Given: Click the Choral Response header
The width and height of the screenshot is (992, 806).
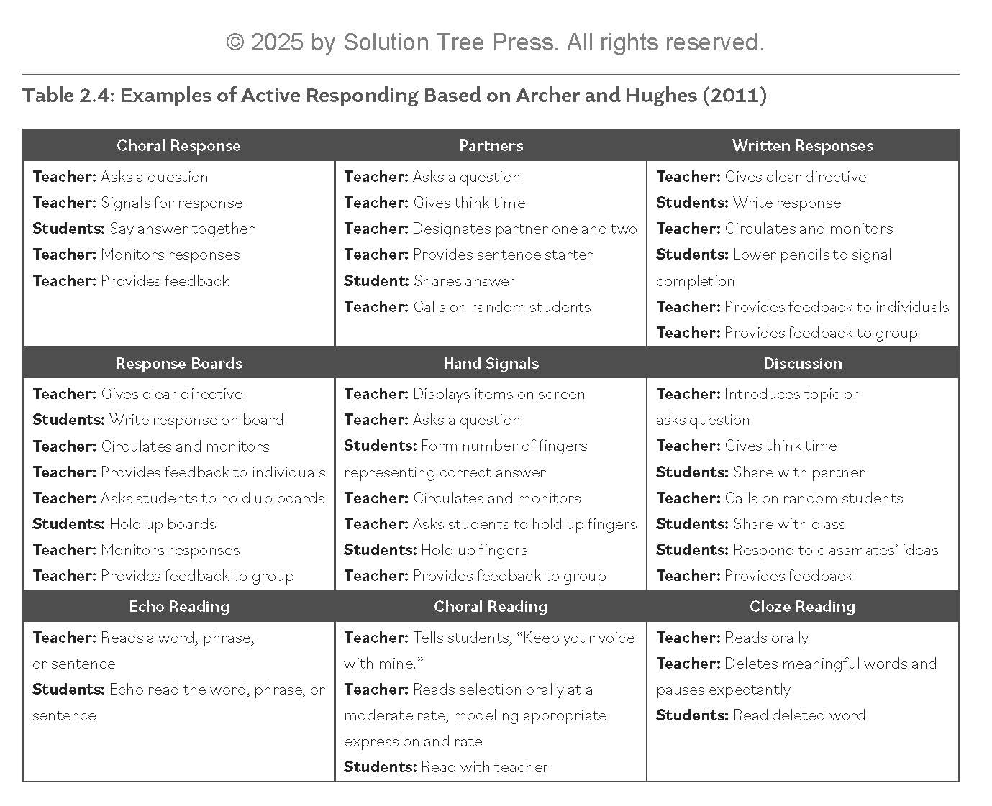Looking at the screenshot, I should (x=178, y=145).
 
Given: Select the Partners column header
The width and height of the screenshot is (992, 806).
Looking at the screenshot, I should (x=491, y=145).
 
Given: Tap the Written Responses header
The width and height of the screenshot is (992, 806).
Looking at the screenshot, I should (x=802, y=145).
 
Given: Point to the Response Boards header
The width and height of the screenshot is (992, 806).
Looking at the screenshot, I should (x=178, y=363).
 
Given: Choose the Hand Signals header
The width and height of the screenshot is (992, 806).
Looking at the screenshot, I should (x=491, y=363).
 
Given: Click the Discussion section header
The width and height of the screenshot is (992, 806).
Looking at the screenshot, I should (x=802, y=363).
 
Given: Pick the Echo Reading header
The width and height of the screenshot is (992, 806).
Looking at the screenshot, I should (x=178, y=606).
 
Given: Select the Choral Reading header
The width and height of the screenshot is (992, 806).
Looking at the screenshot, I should (x=491, y=606).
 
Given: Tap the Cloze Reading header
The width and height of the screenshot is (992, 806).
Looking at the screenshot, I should (x=802, y=606).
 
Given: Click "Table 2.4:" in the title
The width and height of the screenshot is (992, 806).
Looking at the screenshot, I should (x=67, y=96).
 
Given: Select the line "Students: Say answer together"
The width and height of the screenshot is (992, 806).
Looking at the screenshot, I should (x=143, y=229).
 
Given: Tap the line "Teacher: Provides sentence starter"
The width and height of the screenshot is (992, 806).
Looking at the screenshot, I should (x=468, y=255).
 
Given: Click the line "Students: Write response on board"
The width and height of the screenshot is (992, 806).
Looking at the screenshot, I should (x=158, y=420).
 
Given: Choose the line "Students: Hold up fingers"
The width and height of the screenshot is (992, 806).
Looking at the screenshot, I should (x=435, y=550).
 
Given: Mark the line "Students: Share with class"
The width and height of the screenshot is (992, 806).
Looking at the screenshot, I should (x=750, y=524).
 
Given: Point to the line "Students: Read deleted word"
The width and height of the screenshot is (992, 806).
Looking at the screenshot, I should (x=760, y=715).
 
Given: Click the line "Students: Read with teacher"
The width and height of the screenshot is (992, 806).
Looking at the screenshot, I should (x=446, y=767).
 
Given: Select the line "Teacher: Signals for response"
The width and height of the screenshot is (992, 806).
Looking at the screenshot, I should (x=137, y=203).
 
